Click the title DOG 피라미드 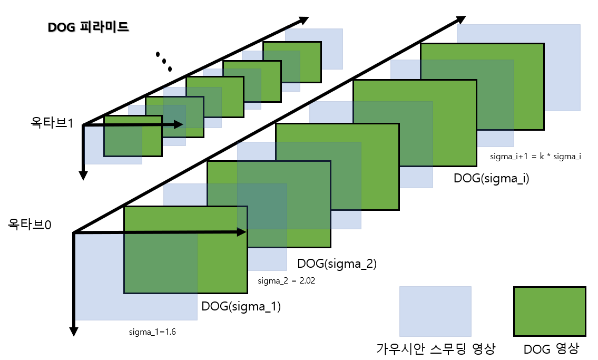(89, 27)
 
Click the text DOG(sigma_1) (241, 306)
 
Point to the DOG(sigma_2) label (337, 264)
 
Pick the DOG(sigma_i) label (491, 178)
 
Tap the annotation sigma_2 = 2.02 (286, 281)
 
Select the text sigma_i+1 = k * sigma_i (535, 157)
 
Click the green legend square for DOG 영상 (550, 312)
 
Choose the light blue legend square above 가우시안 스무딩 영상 (435, 311)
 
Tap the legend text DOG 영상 (552, 348)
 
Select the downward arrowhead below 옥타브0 (74, 330)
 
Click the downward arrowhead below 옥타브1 (83, 174)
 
